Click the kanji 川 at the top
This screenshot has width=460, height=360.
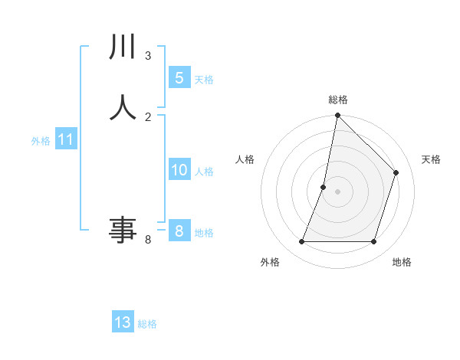click(123, 48)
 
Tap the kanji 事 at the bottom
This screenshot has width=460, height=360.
click(123, 229)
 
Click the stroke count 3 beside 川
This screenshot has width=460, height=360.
click(148, 55)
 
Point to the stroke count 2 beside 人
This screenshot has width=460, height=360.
click(148, 116)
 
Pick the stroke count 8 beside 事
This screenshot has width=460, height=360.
click(148, 240)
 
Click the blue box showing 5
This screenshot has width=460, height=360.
click(179, 77)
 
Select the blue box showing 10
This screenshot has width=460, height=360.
click(179, 170)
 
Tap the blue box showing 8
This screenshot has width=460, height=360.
click(179, 231)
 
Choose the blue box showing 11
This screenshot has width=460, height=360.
click(66, 140)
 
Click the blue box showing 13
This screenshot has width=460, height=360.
click(123, 322)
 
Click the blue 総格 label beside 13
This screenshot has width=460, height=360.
click(147, 324)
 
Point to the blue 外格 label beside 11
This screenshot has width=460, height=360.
click(41, 141)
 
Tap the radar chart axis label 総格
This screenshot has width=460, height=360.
click(337, 100)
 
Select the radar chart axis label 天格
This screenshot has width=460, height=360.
click(432, 159)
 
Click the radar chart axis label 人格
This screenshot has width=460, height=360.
click(245, 159)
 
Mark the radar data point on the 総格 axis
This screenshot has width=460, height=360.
click(337, 116)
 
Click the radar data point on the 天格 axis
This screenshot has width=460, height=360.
click(396, 172)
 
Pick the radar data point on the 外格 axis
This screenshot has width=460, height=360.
click(301, 242)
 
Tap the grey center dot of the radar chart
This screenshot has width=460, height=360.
click(337, 191)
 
